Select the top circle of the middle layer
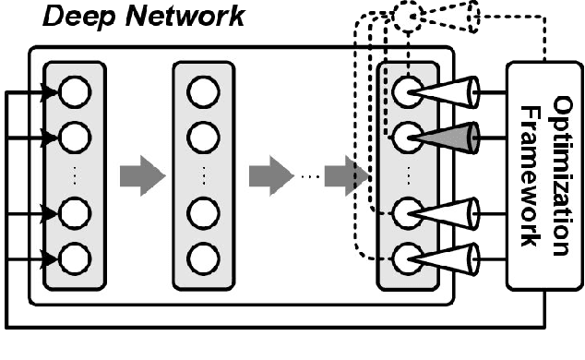point(203,91)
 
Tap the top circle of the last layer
point(406,91)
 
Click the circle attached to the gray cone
point(406,138)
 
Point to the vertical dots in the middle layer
point(203,174)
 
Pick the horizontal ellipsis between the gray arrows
point(309,175)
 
